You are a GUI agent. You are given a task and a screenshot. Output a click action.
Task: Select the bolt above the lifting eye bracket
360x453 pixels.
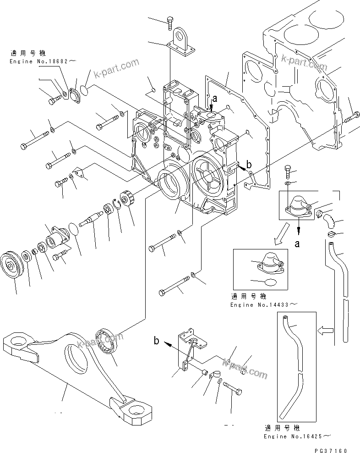click(171, 21)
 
